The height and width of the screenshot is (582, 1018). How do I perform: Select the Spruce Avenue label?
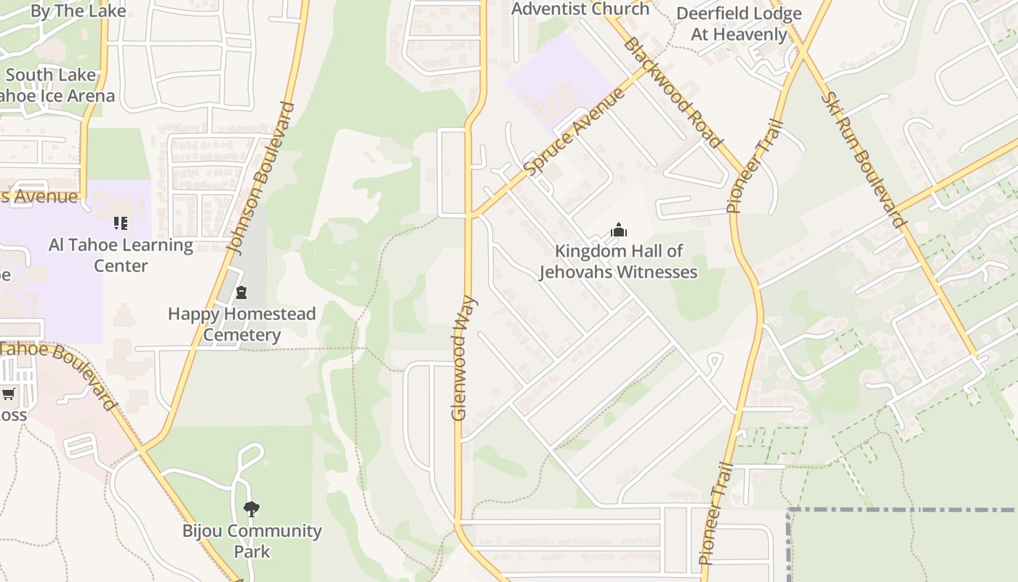574,132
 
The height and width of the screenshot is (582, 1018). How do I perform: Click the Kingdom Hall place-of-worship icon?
619,231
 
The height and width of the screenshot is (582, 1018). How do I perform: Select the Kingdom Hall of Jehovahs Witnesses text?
618,262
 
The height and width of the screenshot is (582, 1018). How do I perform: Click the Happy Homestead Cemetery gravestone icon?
241,292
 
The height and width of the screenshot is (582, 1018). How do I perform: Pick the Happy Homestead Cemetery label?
241,324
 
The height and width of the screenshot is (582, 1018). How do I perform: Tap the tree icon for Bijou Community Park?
252,509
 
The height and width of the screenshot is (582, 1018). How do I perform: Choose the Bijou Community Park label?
252,541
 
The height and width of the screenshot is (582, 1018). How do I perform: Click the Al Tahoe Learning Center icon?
121,223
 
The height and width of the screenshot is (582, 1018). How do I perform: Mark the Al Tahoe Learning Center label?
121,255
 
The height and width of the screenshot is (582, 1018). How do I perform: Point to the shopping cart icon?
9,394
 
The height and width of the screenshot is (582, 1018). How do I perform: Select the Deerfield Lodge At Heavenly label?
739,24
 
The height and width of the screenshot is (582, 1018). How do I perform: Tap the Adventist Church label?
580,9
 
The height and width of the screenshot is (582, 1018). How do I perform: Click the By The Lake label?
79,11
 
